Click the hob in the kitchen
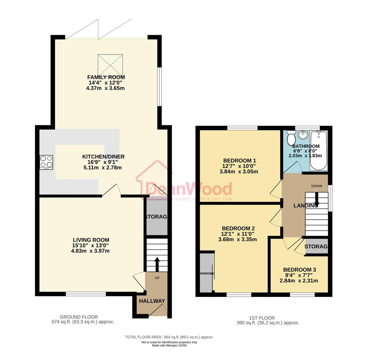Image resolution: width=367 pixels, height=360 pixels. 46,162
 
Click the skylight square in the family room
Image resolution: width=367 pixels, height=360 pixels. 110,65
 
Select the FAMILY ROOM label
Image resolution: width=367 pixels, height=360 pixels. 106,77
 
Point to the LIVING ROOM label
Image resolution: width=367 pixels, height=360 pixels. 91,240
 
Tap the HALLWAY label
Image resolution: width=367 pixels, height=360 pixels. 152,301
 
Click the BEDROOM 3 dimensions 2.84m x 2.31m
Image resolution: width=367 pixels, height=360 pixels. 299,281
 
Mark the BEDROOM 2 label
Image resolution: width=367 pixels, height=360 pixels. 238,228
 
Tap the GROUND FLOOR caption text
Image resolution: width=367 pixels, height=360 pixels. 79,317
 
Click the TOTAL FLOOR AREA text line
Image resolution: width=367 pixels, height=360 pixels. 169,337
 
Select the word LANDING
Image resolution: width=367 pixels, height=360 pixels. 306,206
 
